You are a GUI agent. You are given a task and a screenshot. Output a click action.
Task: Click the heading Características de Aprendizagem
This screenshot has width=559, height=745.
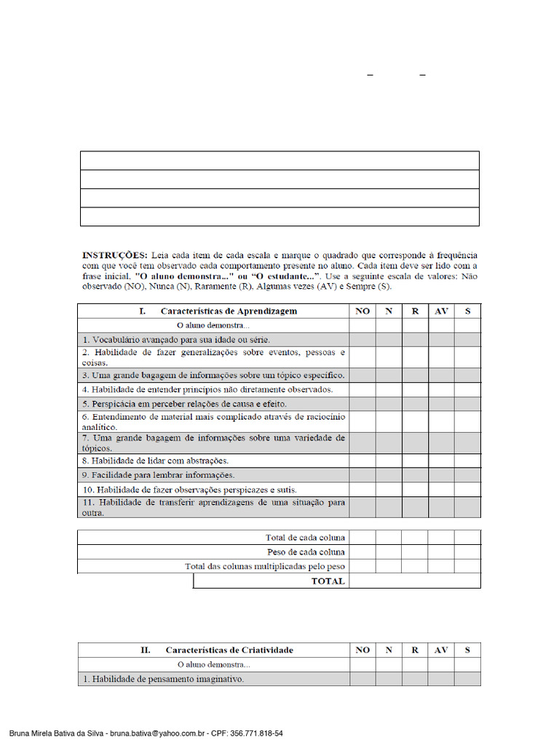tap(229, 311)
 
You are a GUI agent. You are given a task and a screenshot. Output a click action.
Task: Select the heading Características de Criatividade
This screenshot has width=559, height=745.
tap(229, 650)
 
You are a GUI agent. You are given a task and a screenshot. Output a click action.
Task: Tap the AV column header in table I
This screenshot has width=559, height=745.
tap(441, 311)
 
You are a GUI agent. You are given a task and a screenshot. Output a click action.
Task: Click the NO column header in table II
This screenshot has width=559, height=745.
tap(362, 650)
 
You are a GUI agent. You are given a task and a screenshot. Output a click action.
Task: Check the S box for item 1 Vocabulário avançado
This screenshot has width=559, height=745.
tap(467, 340)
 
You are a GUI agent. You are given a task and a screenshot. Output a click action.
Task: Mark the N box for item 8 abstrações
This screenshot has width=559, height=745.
tap(389, 461)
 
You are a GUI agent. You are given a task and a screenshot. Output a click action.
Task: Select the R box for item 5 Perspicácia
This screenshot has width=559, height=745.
tap(415, 404)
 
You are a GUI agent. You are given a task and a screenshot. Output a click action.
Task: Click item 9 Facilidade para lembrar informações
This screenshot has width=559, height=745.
tap(158, 475)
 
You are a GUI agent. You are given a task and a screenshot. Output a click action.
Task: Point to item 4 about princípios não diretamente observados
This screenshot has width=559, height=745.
tap(207, 389)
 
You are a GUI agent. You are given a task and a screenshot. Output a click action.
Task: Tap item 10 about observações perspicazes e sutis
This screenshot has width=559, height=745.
tap(189, 490)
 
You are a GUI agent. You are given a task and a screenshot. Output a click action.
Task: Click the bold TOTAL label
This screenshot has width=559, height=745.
tap(328, 581)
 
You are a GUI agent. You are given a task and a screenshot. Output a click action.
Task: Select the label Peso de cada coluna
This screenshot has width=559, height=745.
tap(306, 552)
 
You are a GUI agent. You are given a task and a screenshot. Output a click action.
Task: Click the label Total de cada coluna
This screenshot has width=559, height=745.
tap(306, 538)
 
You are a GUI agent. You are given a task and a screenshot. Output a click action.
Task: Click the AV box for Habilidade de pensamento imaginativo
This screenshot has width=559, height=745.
tap(441, 679)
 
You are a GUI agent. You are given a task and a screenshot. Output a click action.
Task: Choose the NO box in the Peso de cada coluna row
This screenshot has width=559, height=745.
tap(362, 552)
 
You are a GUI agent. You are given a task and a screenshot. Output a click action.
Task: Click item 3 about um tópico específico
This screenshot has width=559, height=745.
tap(213, 375)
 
